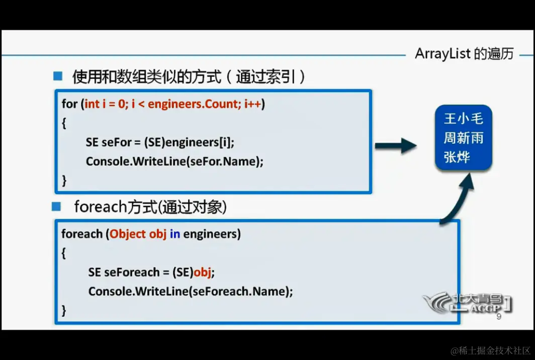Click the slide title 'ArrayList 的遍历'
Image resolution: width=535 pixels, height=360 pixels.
tap(464, 54)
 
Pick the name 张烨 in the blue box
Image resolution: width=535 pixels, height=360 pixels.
tap(457, 157)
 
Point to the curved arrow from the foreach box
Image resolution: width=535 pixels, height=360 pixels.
tap(458, 199)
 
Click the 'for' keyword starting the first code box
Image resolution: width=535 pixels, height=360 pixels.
tap(69, 104)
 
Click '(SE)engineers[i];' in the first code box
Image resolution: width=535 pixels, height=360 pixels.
tap(189, 142)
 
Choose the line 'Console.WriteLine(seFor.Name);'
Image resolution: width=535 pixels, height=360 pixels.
tap(174, 161)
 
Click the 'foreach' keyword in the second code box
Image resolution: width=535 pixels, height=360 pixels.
tap(81, 234)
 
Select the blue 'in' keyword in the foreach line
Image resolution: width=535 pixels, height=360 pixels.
tap(174, 234)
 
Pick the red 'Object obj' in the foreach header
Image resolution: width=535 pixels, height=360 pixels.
tap(138, 234)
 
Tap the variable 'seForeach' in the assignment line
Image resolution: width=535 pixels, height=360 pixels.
tap(131, 272)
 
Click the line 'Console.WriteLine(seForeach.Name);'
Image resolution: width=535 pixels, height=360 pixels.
tap(190, 291)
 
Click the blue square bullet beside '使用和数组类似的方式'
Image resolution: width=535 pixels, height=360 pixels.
tap(58, 76)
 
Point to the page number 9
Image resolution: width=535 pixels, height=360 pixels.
tap(498, 317)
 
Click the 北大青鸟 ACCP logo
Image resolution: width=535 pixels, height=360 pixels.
tap(465, 302)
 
